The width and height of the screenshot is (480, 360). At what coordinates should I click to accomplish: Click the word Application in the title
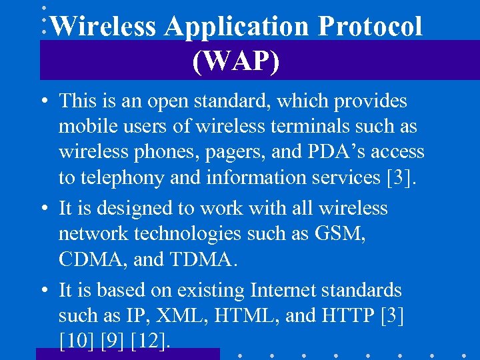[x=236, y=27]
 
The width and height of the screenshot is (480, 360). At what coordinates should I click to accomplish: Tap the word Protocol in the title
[x=370, y=26]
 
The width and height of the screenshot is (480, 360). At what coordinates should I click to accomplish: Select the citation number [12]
[x=151, y=342]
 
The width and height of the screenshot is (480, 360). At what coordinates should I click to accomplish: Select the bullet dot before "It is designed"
[x=42, y=209]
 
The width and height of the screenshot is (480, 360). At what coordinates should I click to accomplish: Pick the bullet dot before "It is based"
[x=42, y=291]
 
